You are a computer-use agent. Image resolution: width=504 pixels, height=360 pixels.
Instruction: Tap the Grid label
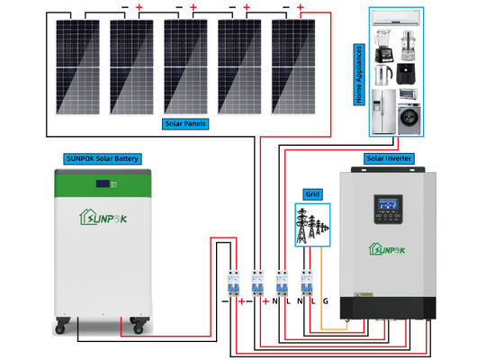click(312, 193)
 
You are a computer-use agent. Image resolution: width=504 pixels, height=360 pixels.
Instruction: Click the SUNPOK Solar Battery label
click(101, 158)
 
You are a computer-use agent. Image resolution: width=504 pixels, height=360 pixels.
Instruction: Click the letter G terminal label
click(325, 301)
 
